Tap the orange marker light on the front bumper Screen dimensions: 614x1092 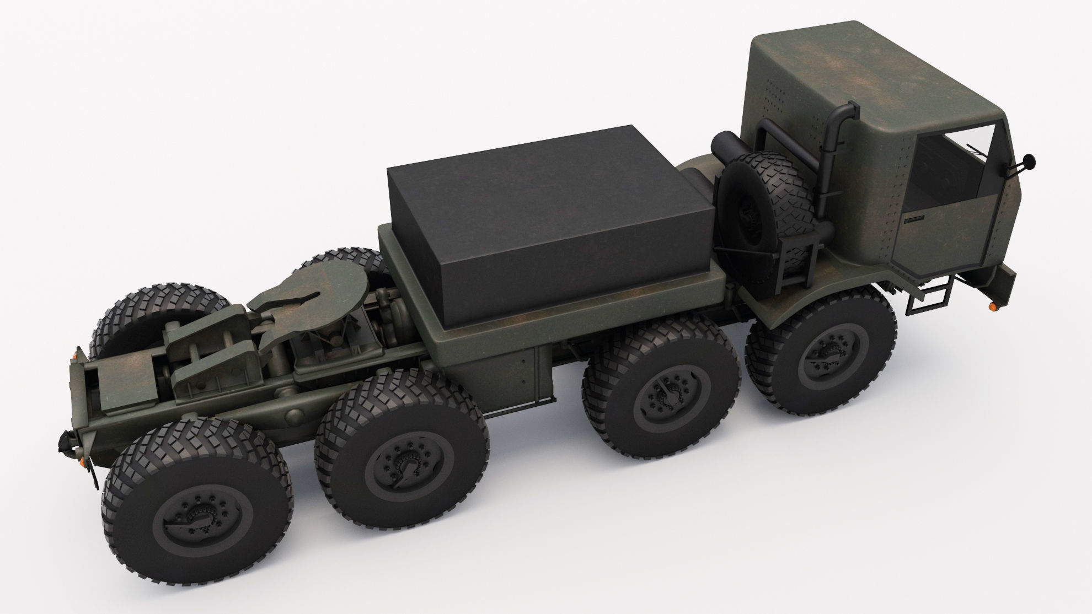point(991,305)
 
